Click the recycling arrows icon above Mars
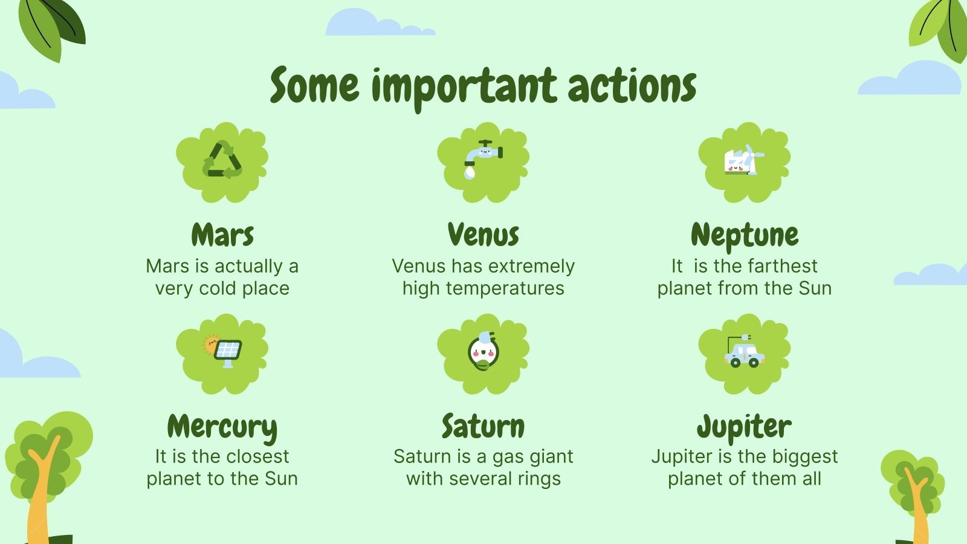(222, 160)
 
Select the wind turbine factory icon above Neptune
(744, 161)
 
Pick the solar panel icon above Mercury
(222, 351)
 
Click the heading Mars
(222, 235)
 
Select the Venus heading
(483, 235)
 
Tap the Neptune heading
(745, 235)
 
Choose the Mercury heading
(222, 427)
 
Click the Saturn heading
(483, 426)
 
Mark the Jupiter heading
(744, 427)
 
